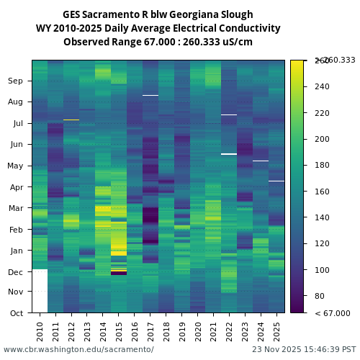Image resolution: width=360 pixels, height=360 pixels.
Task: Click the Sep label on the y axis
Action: click(15, 81)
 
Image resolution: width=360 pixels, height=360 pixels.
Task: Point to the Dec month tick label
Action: click(15, 271)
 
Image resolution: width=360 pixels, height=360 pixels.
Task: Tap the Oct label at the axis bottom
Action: click(15, 312)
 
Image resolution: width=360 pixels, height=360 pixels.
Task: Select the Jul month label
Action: click(17, 123)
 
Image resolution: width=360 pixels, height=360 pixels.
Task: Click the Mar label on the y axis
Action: click(15, 208)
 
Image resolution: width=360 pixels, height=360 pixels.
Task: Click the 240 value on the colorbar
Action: click(322, 86)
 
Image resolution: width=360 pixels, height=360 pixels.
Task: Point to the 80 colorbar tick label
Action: click(319, 296)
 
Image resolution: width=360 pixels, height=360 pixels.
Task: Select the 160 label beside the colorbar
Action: click(322, 192)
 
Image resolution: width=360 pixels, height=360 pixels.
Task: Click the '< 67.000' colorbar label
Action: click(333, 313)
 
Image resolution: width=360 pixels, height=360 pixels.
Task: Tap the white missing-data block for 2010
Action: click(40, 291)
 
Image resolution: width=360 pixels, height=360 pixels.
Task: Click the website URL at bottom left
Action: click(78, 349)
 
